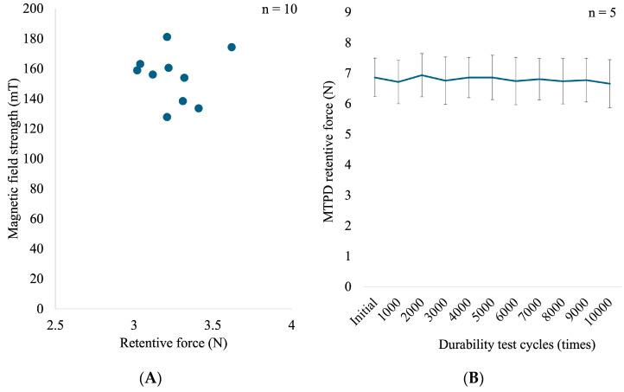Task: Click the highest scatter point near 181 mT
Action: click(x=167, y=37)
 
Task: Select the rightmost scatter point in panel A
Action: click(x=232, y=48)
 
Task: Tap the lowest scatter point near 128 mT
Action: click(x=167, y=117)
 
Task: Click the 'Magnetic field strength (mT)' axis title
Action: click(x=15, y=158)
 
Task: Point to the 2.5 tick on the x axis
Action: click(x=55, y=325)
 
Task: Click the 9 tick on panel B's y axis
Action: click(x=347, y=12)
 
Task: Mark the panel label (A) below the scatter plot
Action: click(x=150, y=378)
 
